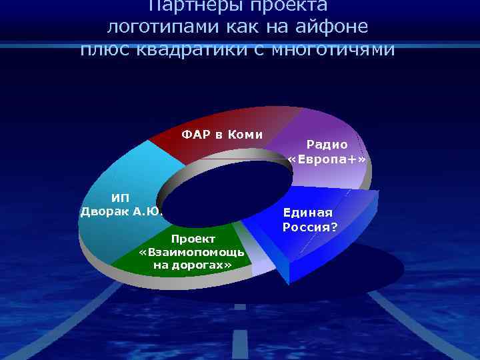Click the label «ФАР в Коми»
pos(222,135)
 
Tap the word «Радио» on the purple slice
pos(327,144)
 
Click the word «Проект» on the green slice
pos(193,239)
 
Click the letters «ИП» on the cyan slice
pos(120,197)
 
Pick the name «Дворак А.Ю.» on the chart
pos(121,212)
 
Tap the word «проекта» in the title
pos(295,5)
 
